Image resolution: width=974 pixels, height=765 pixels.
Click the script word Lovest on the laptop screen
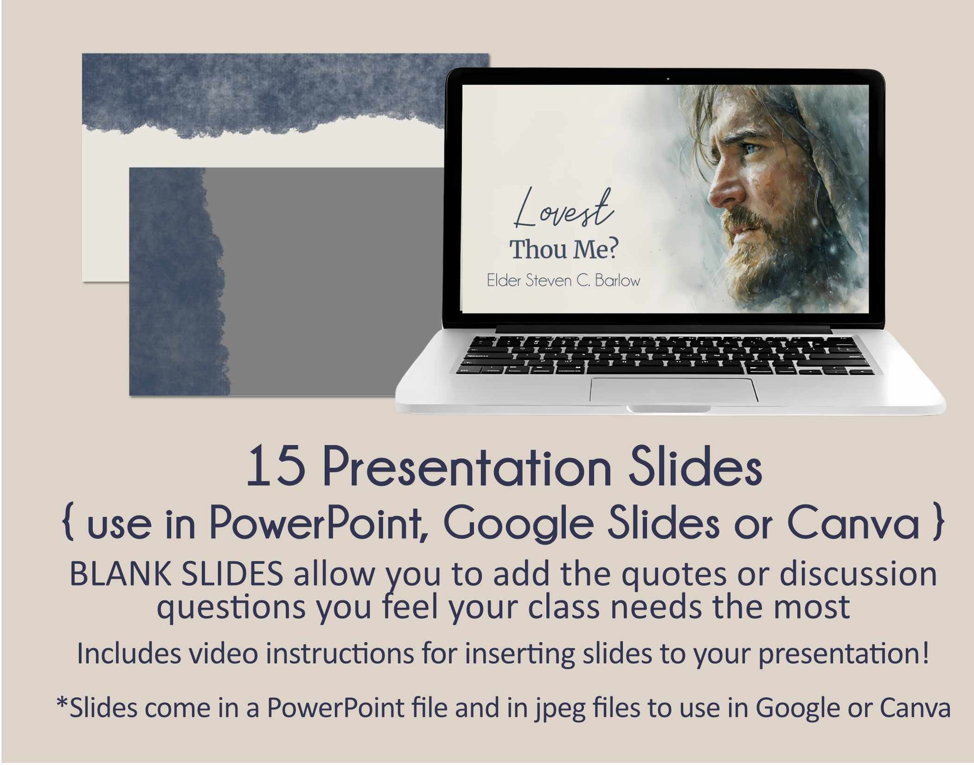point(564,210)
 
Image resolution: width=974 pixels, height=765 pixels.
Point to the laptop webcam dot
point(668,78)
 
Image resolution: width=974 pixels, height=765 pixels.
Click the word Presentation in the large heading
point(466,468)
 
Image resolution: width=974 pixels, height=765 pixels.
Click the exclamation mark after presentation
point(925,653)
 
